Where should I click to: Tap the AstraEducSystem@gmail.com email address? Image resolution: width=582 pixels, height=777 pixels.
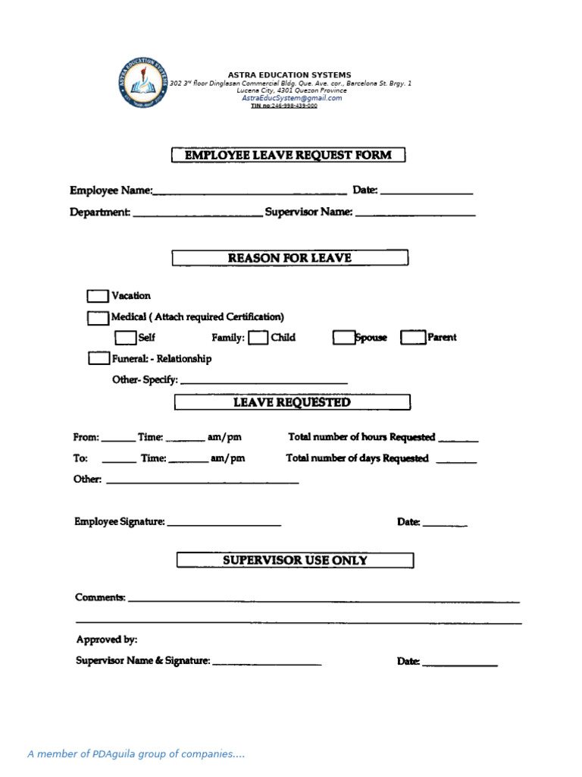pyautogui.click(x=292, y=98)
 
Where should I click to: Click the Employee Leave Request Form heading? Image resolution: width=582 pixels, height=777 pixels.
pyautogui.click(x=288, y=156)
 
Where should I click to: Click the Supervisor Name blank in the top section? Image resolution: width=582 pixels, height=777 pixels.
pyautogui.click(x=415, y=215)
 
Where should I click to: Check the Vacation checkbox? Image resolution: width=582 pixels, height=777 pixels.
pyautogui.click(x=98, y=296)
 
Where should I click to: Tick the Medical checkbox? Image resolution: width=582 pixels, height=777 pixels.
pyautogui.click(x=98, y=317)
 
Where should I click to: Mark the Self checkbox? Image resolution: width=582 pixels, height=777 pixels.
pyautogui.click(x=125, y=338)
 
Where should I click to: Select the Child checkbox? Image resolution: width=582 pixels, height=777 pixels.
pyautogui.click(x=258, y=338)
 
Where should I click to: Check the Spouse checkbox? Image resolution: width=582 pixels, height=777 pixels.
pyautogui.click(x=343, y=338)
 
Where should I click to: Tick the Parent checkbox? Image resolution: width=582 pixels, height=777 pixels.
pyautogui.click(x=412, y=338)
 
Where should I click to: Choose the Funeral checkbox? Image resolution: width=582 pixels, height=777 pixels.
pyautogui.click(x=99, y=358)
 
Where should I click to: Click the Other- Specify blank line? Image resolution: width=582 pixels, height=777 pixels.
pyautogui.click(x=264, y=381)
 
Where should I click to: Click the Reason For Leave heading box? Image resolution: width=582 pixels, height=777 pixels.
pyautogui.click(x=289, y=258)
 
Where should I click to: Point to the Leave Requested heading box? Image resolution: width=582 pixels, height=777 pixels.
pyautogui.click(x=292, y=402)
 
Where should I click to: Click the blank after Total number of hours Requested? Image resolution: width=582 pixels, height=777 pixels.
pyautogui.click(x=458, y=439)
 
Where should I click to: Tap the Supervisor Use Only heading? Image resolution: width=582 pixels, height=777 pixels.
pyautogui.click(x=295, y=560)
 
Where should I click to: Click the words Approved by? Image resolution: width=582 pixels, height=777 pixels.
pyautogui.click(x=107, y=640)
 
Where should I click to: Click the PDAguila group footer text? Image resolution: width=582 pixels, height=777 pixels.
pyautogui.click(x=136, y=753)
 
